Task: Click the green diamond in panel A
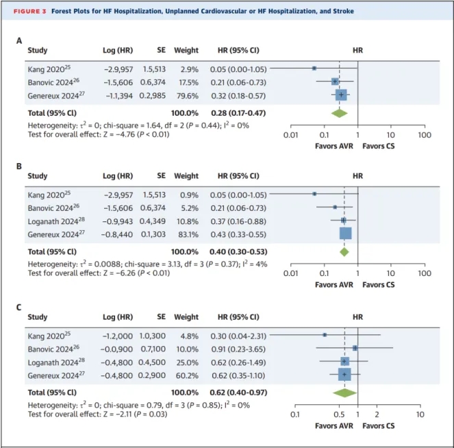click(x=340, y=113)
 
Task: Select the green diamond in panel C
click(x=344, y=393)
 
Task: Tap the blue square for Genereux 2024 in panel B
click(x=345, y=234)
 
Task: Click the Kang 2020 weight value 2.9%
click(x=190, y=69)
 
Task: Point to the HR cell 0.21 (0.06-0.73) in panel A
click(x=238, y=82)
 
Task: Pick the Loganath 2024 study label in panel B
click(x=56, y=221)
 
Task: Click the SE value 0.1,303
click(x=153, y=234)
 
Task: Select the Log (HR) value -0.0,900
click(x=116, y=349)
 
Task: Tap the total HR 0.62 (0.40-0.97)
click(x=238, y=393)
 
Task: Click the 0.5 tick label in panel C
click(x=339, y=414)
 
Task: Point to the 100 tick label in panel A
click(x=425, y=135)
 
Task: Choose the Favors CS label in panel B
click(x=379, y=285)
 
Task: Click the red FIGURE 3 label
click(x=30, y=11)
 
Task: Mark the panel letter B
click(x=19, y=166)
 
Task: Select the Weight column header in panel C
click(x=186, y=316)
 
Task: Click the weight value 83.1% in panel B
click(x=188, y=234)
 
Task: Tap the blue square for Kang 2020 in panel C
click(x=325, y=335)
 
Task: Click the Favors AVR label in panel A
click(x=334, y=146)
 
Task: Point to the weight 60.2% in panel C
click(x=187, y=375)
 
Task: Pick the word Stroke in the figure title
click(x=343, y=11)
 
